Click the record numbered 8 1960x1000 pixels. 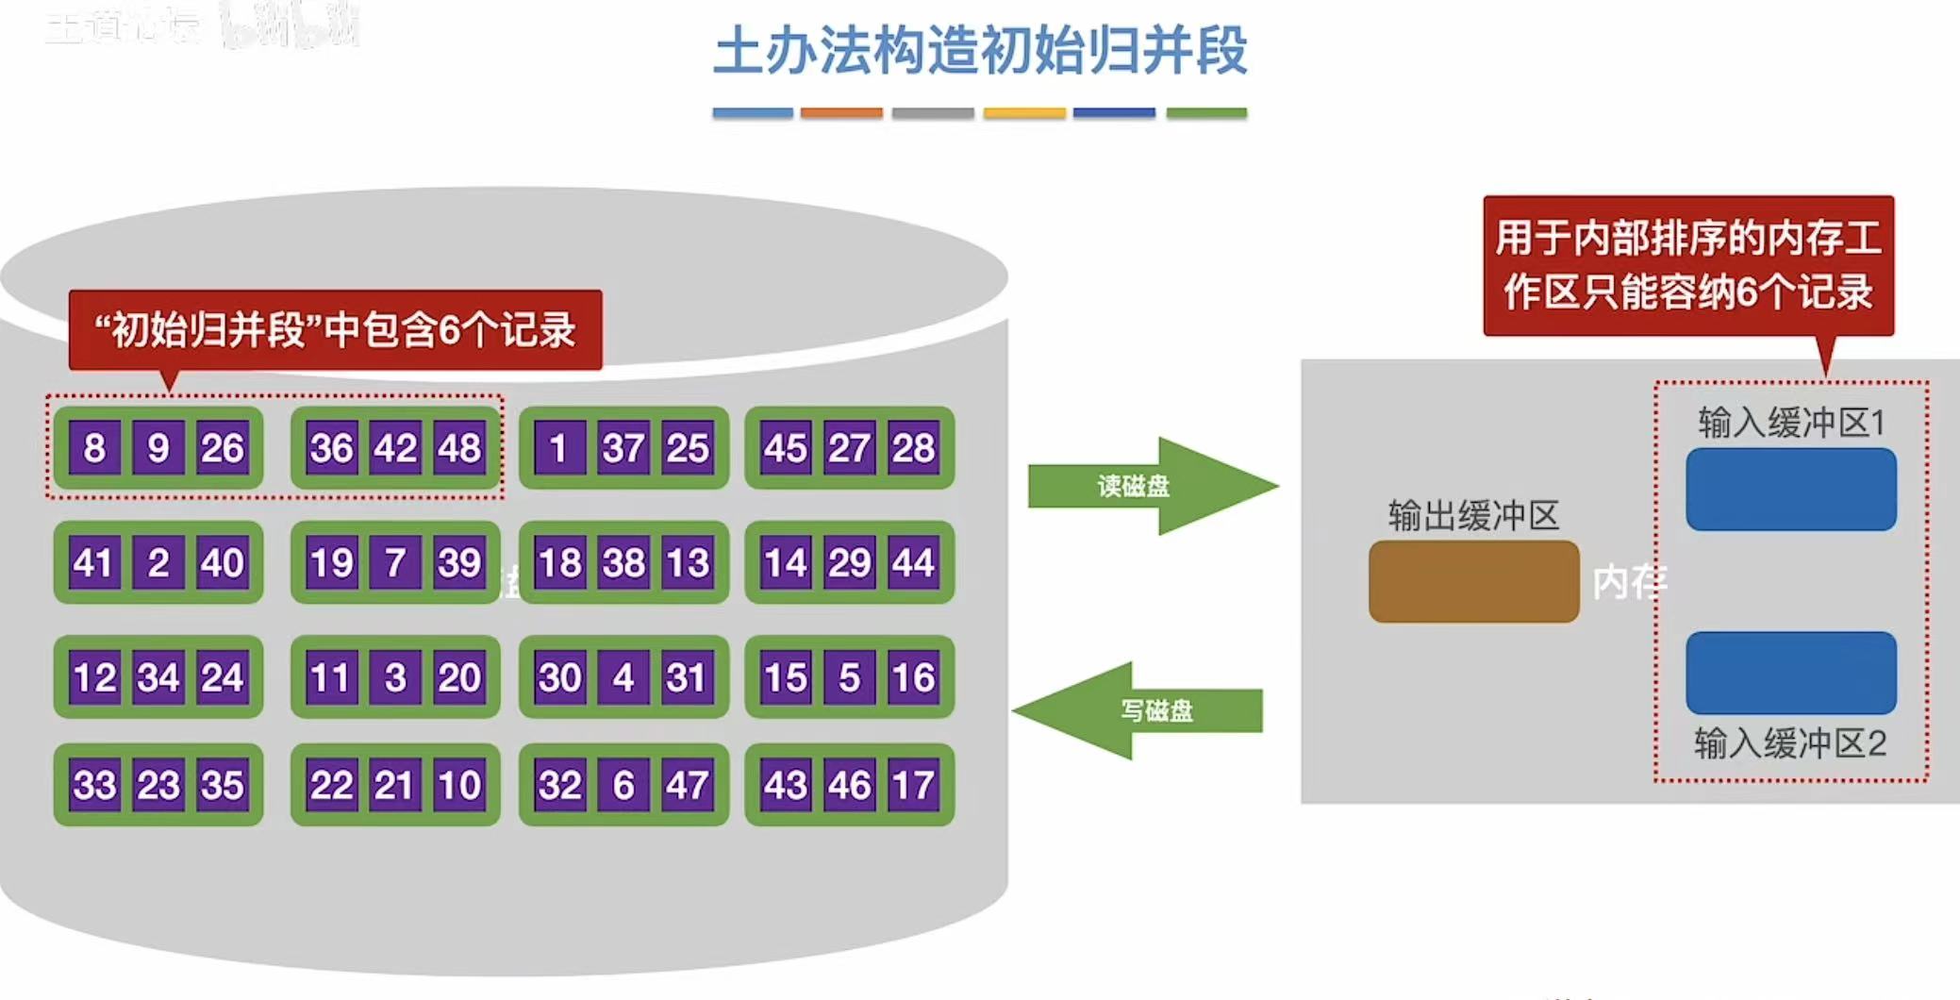94,448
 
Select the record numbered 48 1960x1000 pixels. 459,448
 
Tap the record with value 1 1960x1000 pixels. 558,448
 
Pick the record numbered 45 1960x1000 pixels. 786,448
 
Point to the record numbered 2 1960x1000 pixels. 158,563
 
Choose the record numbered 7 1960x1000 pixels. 395,563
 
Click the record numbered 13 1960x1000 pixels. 687,563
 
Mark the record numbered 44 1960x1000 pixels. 913,563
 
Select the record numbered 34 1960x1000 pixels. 158,677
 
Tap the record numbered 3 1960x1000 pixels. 395,677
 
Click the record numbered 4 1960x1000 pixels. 623,677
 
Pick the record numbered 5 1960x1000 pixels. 849,677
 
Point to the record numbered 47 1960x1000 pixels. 687,785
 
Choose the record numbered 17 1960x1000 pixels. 913,785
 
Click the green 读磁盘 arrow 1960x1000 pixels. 1151,486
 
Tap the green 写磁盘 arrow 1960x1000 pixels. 1141,710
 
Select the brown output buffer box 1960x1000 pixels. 1473,581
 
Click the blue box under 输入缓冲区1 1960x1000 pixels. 1790,489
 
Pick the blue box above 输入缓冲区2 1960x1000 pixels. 1790,673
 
